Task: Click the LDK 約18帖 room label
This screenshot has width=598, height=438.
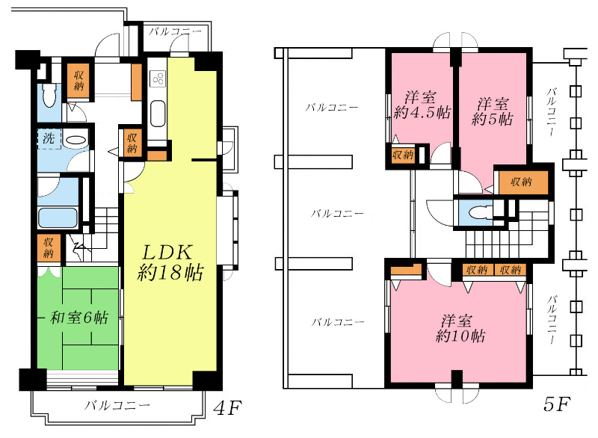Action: click(171, 262)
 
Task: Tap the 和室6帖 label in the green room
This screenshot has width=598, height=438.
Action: click(78, 318)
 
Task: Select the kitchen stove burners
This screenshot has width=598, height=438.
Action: click(158, 78)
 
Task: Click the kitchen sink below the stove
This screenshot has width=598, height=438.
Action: click(158, 114)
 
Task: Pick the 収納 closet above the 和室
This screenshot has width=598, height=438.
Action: click(49, 247)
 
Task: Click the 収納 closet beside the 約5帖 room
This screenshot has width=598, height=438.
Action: click(522, 182)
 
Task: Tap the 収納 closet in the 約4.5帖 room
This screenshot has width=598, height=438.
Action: click(402, 155)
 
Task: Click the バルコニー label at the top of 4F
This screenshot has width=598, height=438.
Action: click(174, 32)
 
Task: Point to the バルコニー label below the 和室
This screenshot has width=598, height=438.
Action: click(117, 407)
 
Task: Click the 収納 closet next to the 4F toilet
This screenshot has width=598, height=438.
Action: click(78, 81)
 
